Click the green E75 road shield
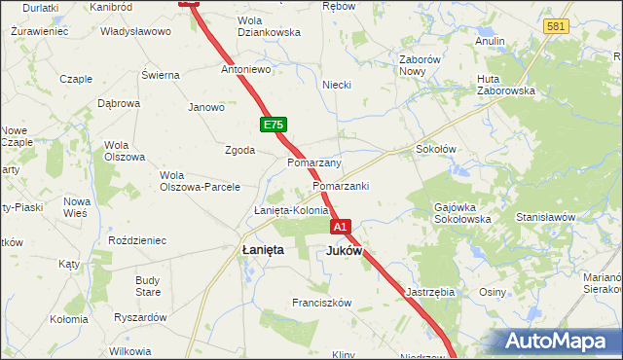(273, 126)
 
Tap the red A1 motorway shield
(340, 227)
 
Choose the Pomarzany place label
(313, 162)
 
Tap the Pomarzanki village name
(341, 186)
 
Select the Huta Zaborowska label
(506, 85)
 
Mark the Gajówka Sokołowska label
(462, 214)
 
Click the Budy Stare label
(148, 286)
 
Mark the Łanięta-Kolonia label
(291, 210)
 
